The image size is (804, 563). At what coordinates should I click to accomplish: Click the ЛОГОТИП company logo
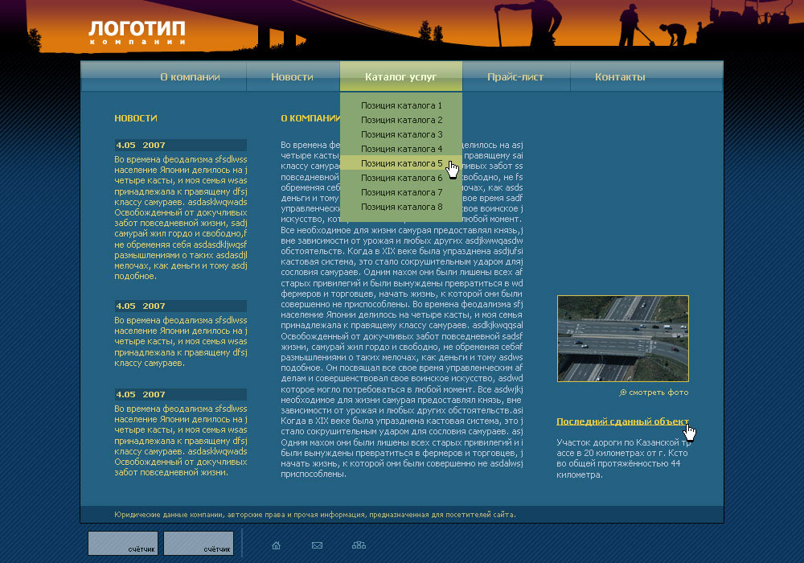pyautogui.click(x=137, y=31)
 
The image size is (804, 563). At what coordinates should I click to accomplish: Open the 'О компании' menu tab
pyautogui.click(x=190, y=77)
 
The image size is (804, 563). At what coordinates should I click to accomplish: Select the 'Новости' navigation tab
pyautogui.click(x=292, y=77)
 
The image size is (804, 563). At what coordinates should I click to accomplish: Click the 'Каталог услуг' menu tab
pyautogui.click(x=400, y=77)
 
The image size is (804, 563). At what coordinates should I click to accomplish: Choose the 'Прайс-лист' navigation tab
pyautogui.click(x=515, y=77)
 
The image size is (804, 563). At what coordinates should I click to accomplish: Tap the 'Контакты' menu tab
pyautogui.click(x=620, y=77)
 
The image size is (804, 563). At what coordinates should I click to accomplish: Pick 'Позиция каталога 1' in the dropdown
pyautogui.click(x=401, y=105)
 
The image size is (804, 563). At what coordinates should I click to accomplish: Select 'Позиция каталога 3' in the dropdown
pyautogui.click(x=401, y=134)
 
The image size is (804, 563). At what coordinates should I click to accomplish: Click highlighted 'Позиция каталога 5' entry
pyautogui.click(x=401, y=163)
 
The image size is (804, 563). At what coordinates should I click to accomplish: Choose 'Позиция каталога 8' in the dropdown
pyautogui.click(x=401, y=207)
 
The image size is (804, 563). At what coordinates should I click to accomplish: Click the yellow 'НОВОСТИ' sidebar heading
pyautogui.click(x=136, y=118)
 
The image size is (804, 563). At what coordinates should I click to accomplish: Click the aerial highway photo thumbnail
pyautogui.click(x=623, y=339)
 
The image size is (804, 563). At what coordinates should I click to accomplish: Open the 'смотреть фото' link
pyautogui.click(x=658, y=392)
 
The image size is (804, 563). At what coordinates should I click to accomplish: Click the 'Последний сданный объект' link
pyautogui.click(x=622, y=421)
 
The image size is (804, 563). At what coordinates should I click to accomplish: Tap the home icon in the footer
pyautogui.click(x=277, y=545)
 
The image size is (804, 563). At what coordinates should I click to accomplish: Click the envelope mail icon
pyautogui.click(x=317, y=545)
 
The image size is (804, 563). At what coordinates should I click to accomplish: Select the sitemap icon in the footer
pyautogui.click(x=359, y=545)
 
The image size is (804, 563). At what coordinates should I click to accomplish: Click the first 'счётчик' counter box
pyautogui.click(x=123, y=543)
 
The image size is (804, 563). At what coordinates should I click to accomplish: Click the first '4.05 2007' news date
pyautogui.click(x=141, y=146)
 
